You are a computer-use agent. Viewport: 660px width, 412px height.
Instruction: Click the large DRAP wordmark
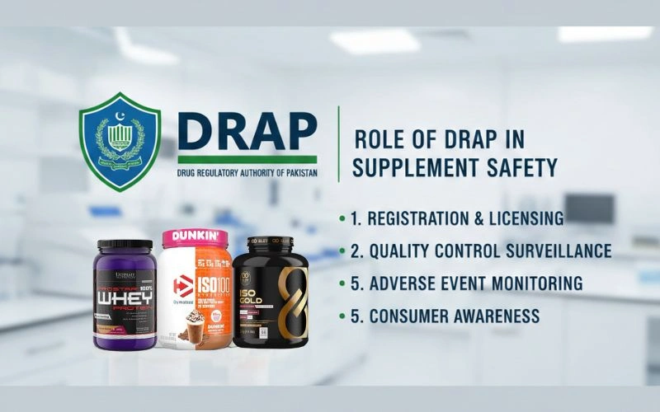coord(247,129)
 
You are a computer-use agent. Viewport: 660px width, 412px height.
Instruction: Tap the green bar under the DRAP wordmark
coord(247,159)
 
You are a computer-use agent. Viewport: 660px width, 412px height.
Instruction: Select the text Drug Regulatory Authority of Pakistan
coord(247,174)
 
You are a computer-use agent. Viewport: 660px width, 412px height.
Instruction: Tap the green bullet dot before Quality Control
coord(342,251)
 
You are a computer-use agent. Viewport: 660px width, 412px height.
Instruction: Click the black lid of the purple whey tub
coord(125,245)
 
